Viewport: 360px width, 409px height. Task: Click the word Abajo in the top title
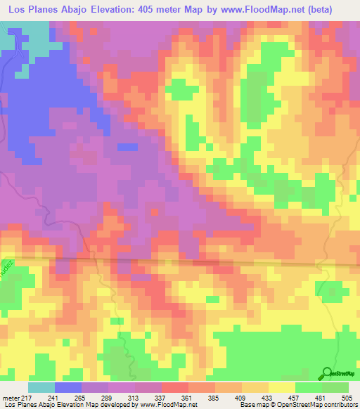78,10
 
